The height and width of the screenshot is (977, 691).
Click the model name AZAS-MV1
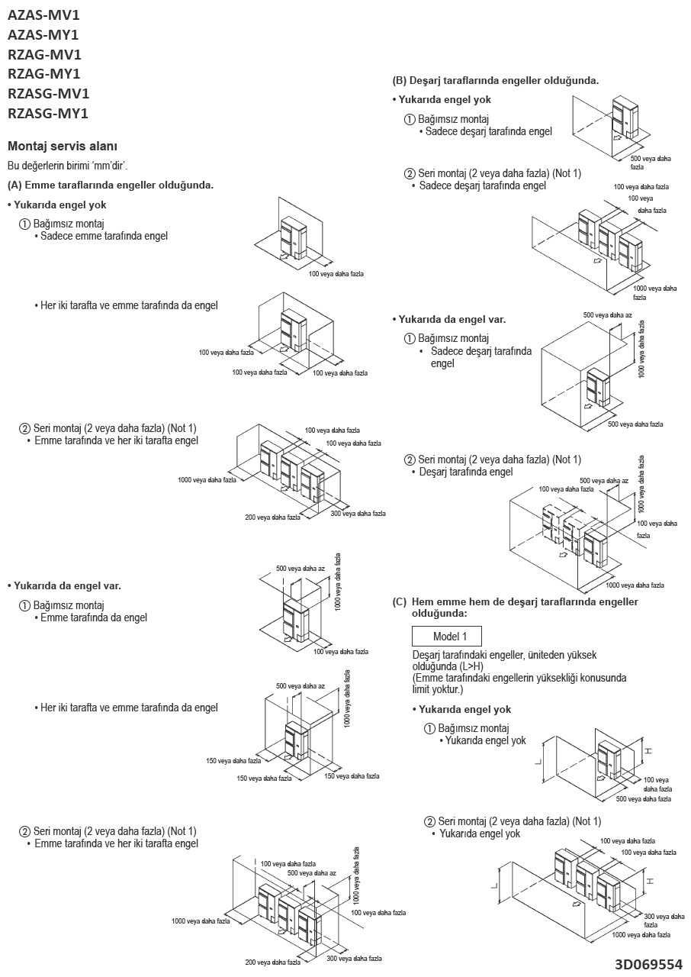[x=43, y=15]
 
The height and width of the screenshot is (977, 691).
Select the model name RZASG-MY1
[x=48, y=114]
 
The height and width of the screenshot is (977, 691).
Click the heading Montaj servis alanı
[x=62, y=146]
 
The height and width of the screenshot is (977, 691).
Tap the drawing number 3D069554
[x=648, y=964]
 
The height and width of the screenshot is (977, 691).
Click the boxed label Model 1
[x=446, y=636]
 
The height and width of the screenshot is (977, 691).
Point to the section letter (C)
[x=399, y=602]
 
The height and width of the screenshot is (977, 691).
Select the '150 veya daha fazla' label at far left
[x=233, y=761]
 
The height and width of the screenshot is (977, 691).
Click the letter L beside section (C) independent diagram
[x=538, y=761]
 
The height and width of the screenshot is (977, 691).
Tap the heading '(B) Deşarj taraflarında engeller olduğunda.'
[x=495, y=80]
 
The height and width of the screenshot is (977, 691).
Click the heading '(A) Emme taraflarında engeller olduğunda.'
[x=111, y=185]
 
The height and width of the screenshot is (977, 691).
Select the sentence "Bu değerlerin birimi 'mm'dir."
[x=67, y=166]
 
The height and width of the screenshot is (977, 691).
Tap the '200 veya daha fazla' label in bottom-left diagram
[x=272, y=962]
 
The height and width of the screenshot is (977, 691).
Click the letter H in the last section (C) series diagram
[x=649, y=880]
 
